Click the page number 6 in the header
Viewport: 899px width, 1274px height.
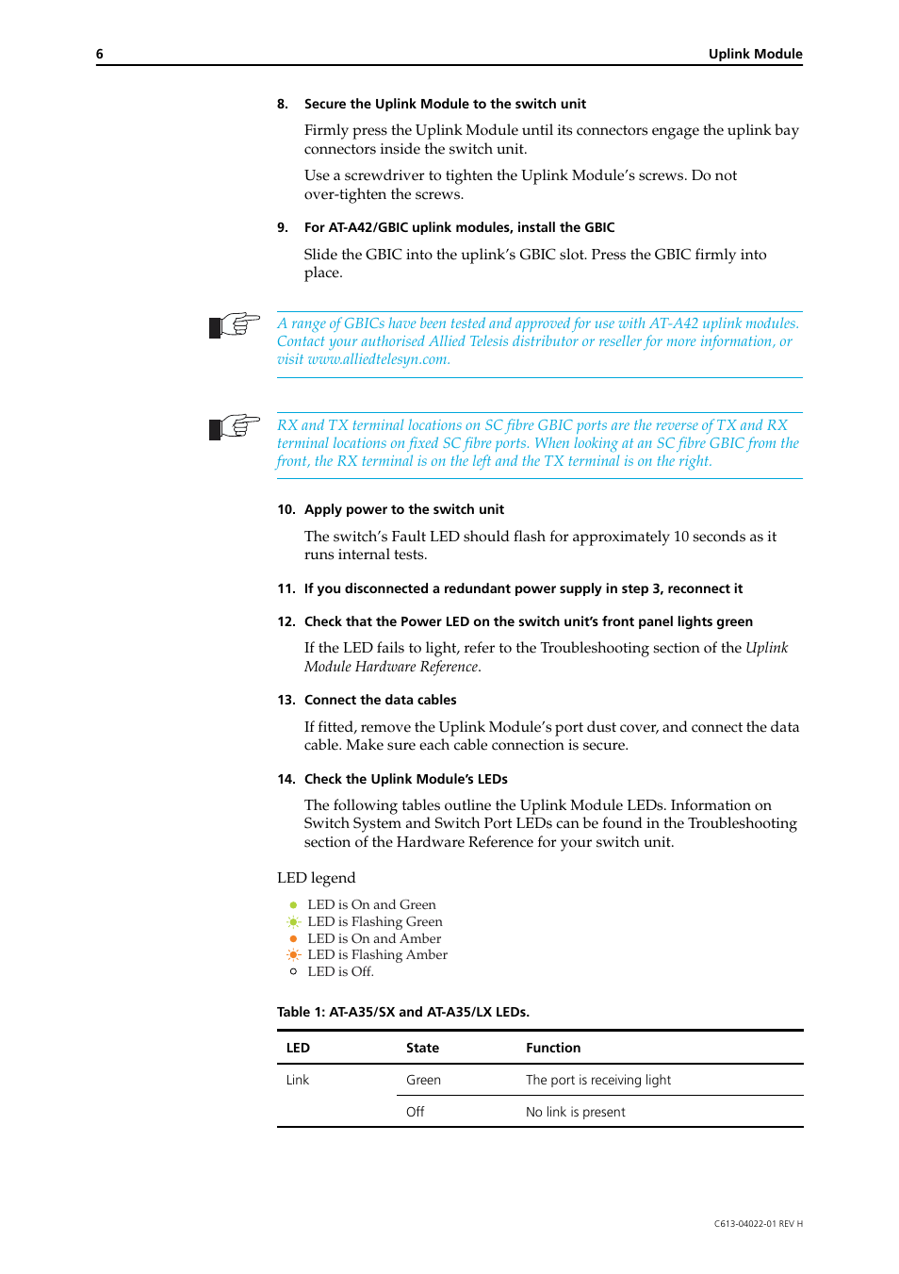[100, 55]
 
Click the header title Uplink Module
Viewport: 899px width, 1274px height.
[755, 55]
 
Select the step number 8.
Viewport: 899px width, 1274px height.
[282, 105]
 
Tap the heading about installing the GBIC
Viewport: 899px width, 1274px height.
[459, 228]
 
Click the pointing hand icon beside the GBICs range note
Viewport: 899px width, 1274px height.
[234, 325]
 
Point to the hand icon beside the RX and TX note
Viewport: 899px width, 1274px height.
[234, 427]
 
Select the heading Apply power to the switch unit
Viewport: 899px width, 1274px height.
[403, 510]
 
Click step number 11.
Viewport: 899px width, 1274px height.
[286, 589]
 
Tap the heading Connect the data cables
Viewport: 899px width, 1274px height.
[380, 701]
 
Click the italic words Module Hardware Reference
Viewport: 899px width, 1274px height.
[391, 667]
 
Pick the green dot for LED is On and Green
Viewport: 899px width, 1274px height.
[293, 905]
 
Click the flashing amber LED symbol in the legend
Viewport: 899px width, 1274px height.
[293, 955]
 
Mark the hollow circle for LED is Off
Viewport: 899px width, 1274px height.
[293, 972]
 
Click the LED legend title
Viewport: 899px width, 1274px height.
[316, 878]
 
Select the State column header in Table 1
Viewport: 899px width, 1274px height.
[422, 1049]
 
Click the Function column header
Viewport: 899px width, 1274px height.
[553, 1049]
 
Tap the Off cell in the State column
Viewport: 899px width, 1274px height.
[416, 1113]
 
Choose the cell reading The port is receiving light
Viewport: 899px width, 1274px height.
[598, 1081]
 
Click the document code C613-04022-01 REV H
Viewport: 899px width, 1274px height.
[758, 1224]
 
